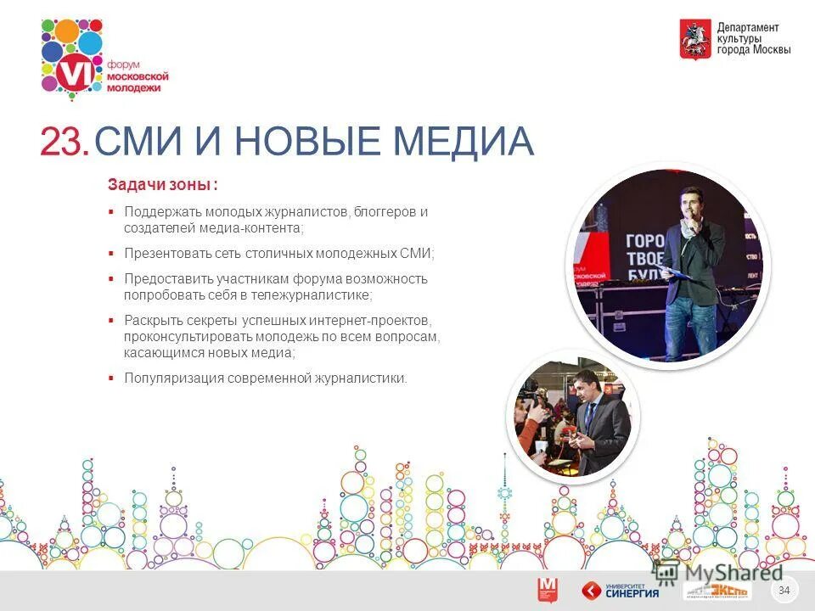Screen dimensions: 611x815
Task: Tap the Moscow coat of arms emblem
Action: (694, 39)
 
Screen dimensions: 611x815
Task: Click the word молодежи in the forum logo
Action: (138, 88)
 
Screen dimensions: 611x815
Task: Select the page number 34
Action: (784, 590)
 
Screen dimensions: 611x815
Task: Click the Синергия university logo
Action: (621, 590)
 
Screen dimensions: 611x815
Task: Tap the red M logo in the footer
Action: (548, 590)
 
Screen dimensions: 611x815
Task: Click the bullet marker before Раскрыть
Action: (111, 321)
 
